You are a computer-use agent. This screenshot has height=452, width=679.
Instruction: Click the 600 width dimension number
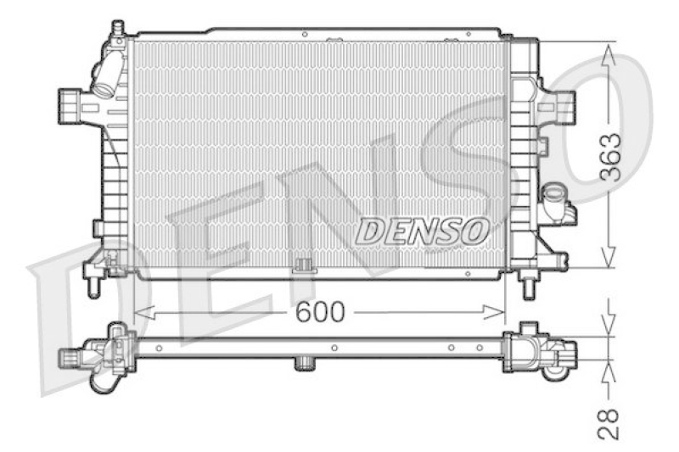click(320, 312)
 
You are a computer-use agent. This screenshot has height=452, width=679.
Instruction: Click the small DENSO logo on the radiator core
click(421, 229)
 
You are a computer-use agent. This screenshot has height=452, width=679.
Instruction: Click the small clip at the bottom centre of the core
click(302, 268)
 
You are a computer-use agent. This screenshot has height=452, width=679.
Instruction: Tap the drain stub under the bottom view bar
click(304, 365)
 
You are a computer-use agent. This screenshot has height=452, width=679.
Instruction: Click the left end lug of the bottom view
click(70, 355)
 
